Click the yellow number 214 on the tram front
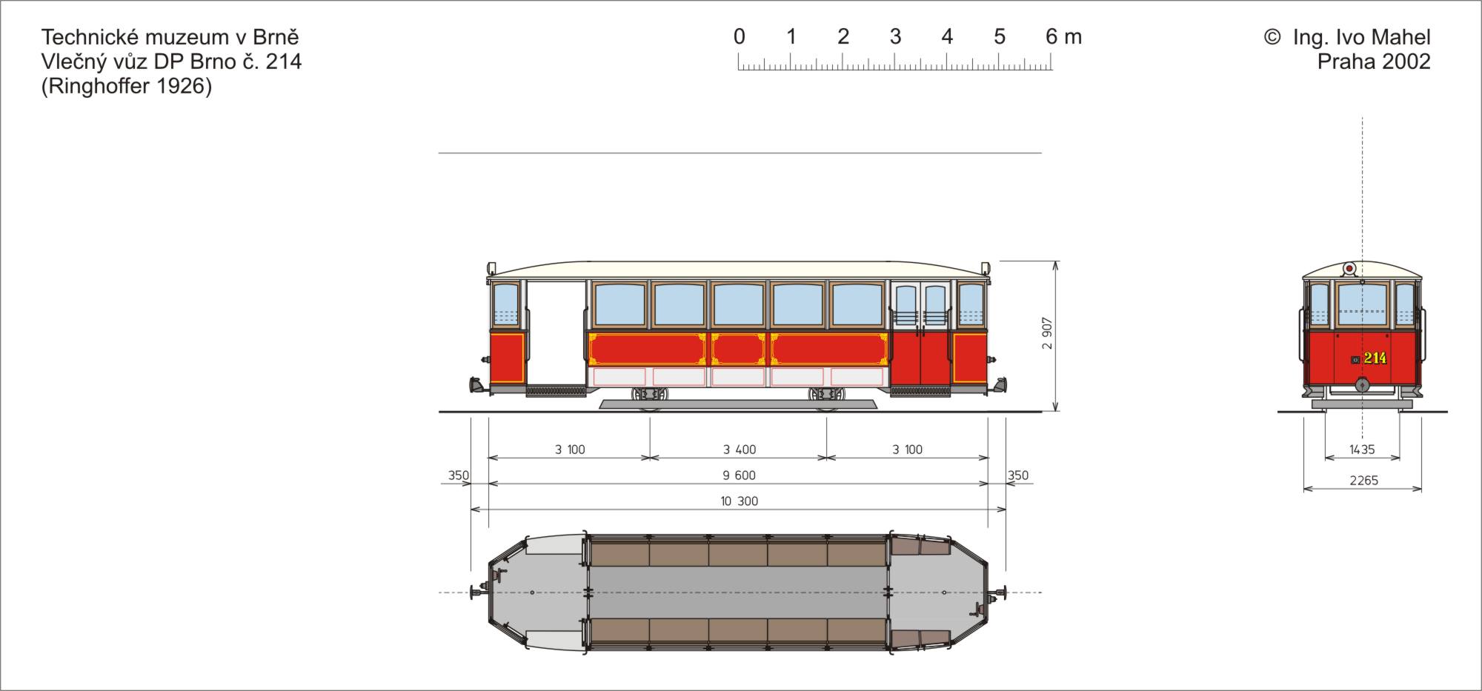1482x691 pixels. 1375,358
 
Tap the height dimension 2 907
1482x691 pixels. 1047,333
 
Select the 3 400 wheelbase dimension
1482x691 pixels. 740,450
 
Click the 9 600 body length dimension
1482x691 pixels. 740,475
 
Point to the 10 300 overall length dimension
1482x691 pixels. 740,501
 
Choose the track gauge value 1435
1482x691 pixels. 1362,450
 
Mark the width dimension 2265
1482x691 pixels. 1363,481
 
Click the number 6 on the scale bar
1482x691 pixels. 1051,36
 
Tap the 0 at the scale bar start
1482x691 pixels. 739,36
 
